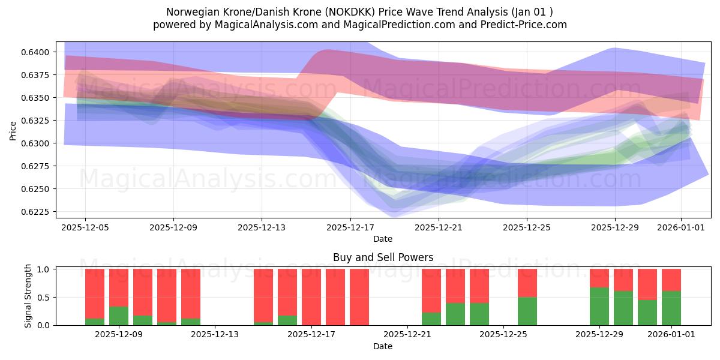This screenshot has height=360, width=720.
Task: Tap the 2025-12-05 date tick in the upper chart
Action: [x=85, y=227]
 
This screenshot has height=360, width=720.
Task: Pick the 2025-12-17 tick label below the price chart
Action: [x=350, y=227]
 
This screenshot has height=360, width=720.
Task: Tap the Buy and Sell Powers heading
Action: [x=383, y=257]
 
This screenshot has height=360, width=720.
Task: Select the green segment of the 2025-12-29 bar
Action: [x=599, y=306]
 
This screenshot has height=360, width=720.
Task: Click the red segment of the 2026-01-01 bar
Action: [x=671, y=280]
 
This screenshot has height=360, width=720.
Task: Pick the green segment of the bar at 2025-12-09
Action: [x=119, y=316]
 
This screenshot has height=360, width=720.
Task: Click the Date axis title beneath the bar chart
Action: [x=383, y=346]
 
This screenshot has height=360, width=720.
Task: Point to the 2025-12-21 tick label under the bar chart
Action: [x=407, y=335]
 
